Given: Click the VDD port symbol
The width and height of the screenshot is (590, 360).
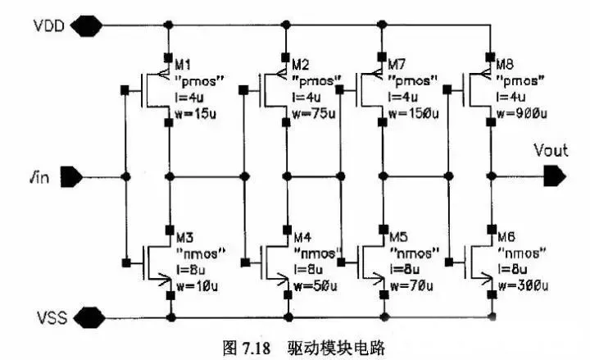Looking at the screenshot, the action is click(x=86, y=25).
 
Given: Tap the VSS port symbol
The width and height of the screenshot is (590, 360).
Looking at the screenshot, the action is click(x=88, y=317).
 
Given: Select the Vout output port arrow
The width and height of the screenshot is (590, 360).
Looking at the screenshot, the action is click(x=555, y=175).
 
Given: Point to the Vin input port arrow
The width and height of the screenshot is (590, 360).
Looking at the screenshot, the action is click(x=71, y=176).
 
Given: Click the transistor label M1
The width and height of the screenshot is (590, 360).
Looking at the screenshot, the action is click(x=184, y=65).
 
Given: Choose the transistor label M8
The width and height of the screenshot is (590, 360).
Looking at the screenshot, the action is click(x=505, y=64).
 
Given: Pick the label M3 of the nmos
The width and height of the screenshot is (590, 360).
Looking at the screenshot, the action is click(x=184, y=237).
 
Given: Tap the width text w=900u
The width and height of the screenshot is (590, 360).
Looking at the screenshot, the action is click(x=522, y=113).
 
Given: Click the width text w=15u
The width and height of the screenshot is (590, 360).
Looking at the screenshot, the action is click(x=196, y=114).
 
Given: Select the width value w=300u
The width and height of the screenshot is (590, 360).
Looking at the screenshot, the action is click(x=524, y=286).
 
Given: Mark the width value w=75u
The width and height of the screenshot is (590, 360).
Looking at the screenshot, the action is click(x=314, y=113).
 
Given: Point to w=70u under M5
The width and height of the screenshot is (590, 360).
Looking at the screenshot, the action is click(x=411, y=286).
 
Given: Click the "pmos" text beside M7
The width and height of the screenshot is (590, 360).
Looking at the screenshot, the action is click(x=413, y=80).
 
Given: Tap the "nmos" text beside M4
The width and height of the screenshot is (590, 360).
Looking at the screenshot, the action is click(x=318, y=253).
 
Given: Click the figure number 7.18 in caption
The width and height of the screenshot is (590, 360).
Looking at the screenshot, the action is click(x=256, y=348).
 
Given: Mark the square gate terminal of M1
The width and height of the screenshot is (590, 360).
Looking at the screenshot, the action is click(x=125, y=90).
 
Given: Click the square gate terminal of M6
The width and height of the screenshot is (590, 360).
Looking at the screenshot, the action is click(x=449, y=262).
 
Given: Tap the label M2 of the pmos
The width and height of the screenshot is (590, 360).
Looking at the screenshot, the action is click(x=301, y=65).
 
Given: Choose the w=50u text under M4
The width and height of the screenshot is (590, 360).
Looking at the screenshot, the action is click(x=315, y=286).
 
